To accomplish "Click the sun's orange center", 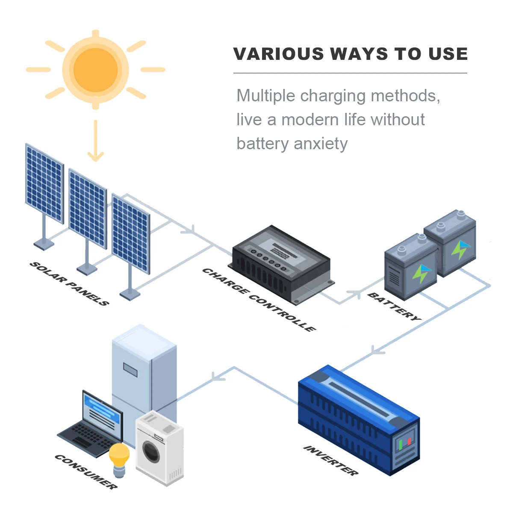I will coord(95,70).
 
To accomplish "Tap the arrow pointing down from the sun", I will coord(95,141).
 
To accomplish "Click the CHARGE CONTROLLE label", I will coord(259,300).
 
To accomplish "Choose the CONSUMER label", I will coord(85,472).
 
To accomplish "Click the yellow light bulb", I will coord(119,456).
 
